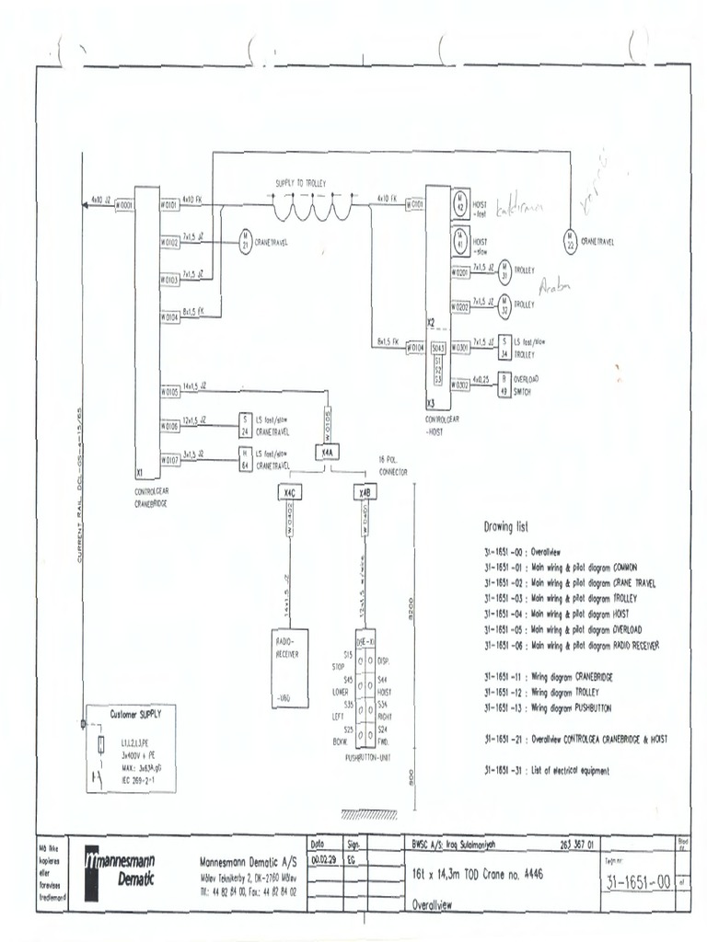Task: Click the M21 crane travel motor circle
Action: (x=246, y=243)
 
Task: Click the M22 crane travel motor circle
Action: (x=571, y=242)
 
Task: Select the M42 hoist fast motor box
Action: (x=460, y=204)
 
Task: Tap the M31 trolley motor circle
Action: (x=504, y=272)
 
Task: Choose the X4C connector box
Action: (x=289, y=493)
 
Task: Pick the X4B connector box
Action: (x=365, y=493)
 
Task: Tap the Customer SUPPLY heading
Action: (x=134, y=713)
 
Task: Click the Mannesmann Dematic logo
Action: (x=120, y=870)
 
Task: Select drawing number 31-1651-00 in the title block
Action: (x=637, y=882)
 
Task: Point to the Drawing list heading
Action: (x=506, y=527)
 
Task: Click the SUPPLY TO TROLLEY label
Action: (x=301, y=184)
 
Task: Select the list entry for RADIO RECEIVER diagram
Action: (x=572, y=645)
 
